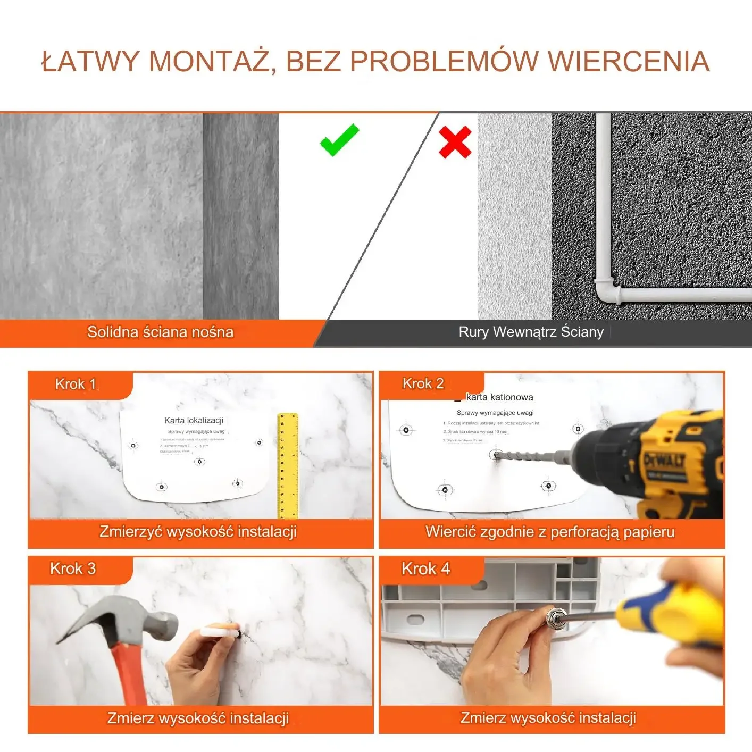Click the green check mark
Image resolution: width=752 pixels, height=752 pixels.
(x=339, y=141)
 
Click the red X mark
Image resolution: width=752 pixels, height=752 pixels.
(x=455, y=142)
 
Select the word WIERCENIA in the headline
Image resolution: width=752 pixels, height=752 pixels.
(x=629, y=61)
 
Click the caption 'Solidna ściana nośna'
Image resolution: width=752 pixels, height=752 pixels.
(x=160, y=332)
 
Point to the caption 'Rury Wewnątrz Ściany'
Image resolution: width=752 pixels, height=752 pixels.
(x=531, y=332)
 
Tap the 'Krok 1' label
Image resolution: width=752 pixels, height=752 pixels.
(x=76, y=384)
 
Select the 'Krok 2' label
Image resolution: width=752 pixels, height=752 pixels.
(x=423, y=383)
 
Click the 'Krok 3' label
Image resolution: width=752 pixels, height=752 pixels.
(x=73, y=569)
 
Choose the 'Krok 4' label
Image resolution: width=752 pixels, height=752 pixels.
(x=425, y=569)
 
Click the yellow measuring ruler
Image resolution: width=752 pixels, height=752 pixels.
(x=288, y=465)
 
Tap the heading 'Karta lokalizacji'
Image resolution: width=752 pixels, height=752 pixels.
(x=194, y=421)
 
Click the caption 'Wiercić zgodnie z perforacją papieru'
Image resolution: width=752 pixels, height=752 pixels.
(x=550, y=532)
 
